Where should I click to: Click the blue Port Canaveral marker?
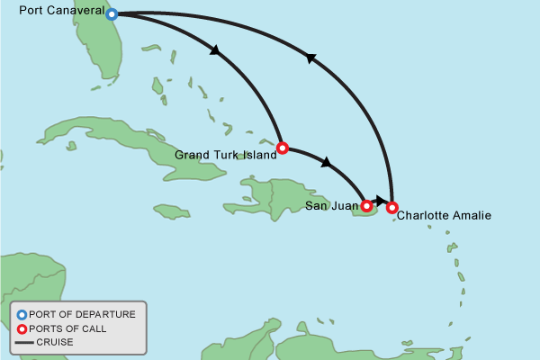[112, 14]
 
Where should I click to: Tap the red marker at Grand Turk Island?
[282, 148]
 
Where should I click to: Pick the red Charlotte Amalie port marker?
[391, 208]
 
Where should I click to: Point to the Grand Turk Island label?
[224, 155]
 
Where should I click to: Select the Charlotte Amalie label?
[444, 216]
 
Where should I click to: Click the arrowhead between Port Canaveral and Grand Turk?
[216, 51]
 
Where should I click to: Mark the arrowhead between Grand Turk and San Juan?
[327, 163]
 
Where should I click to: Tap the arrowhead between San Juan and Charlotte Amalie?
[382, 200]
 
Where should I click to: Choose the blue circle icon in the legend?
[22, 314]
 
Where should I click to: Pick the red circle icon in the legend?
[22, 328]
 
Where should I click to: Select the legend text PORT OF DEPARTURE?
[82, 314]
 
